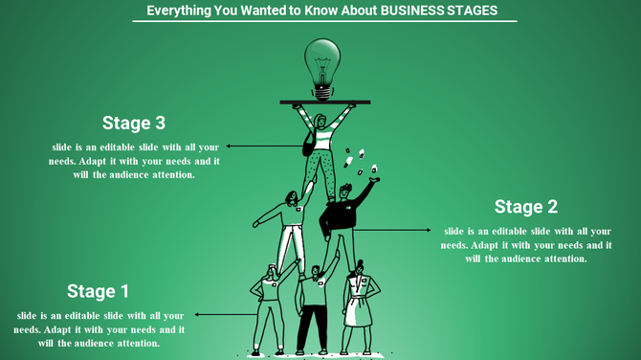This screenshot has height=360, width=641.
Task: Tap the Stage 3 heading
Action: [x=134, y=123]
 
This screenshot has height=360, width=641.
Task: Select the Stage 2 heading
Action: [x=525, y=207]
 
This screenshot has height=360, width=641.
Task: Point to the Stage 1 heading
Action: [x=98, y=291]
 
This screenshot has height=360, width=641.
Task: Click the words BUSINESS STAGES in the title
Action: [x=437, y=11]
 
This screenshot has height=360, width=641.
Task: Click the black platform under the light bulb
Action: [x=324, y=101]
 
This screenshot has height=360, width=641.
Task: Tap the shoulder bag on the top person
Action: [x=309, y=145]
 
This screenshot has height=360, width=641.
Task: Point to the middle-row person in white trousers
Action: [x=291, y=230]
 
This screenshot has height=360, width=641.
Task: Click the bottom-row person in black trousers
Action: [x=312, y=306]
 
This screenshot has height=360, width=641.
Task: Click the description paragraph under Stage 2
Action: [x=525, y=244]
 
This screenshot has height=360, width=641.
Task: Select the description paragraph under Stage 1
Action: [x=99, y=328]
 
